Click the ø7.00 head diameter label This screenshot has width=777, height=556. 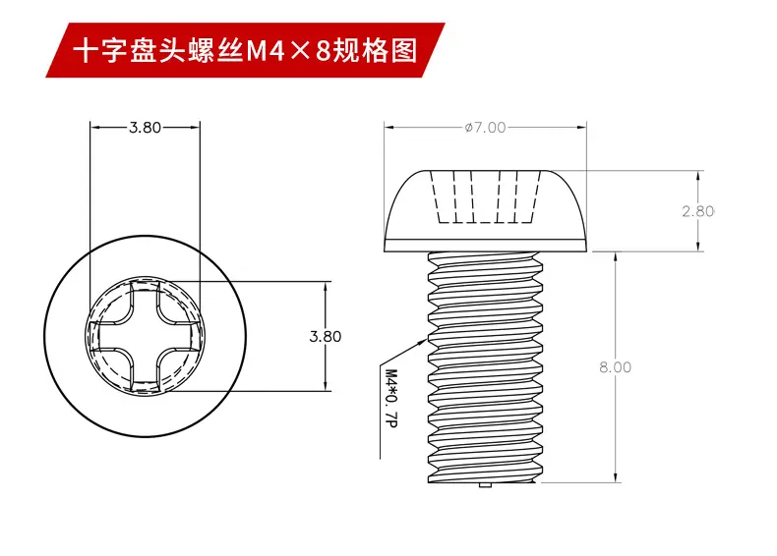click(485, 128)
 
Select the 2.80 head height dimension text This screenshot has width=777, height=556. click(697, 211)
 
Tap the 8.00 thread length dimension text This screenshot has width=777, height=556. click(615, 366)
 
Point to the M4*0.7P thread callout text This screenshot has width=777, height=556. click(391, 399)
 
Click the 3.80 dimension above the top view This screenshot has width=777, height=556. click(146, 128)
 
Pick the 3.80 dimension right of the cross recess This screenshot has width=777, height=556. click(326, 336)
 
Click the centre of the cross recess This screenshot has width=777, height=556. click(145, 336)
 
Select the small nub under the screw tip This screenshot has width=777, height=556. click(485, 485)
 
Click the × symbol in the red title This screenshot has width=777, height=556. click(300, 51)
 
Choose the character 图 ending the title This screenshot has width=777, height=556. click(404, 51)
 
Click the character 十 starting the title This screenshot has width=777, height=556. click(88, 51)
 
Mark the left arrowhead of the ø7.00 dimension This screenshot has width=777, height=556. click(389, 128)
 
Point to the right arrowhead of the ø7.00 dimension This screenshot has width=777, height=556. click(581, 128)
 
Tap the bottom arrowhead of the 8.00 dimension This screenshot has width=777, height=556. click(616, 476)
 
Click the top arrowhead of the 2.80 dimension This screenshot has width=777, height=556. click(697, 176)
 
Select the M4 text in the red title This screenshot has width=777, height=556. click(266, 51)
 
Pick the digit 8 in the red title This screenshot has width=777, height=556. click(323, 51)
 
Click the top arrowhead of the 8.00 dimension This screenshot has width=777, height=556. click(616, 257)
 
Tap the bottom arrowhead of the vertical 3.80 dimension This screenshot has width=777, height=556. click(326, 386)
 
